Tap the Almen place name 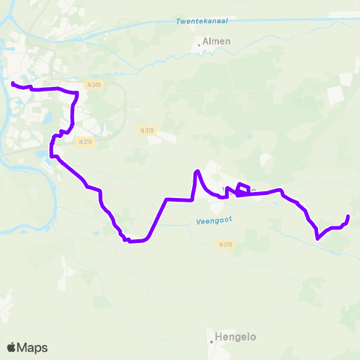[216, 42]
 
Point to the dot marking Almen [199, 45]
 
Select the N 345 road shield [93, 85]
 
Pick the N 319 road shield [147, 130]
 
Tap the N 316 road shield [226, 244]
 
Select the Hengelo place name [235, 337]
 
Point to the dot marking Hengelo [211, 340]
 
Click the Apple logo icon [11, 347]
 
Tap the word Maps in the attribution [32, 348]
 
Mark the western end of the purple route [13, 82]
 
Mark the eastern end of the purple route [348, 217]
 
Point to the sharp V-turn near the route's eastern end [318, 239]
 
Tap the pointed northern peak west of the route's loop [196, 172]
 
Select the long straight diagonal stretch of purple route [156, 219]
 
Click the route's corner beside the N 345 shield [76, 93]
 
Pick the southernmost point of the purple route [132, 241]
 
